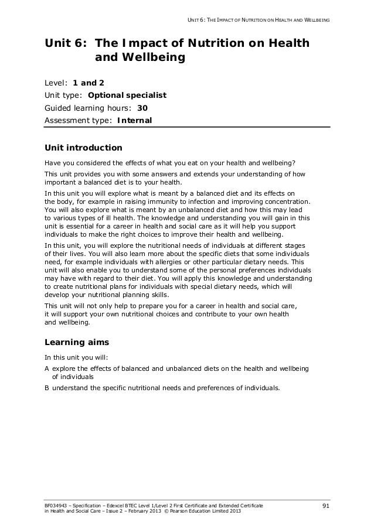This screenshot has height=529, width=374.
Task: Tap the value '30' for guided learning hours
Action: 142,108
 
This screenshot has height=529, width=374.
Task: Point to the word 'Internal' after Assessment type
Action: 134,121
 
